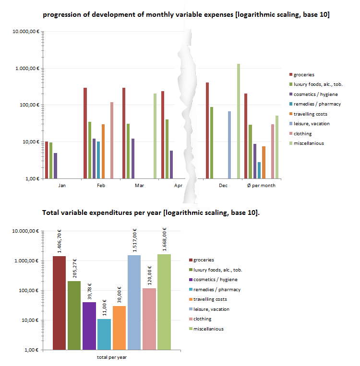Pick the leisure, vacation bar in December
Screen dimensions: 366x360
pos(229,144)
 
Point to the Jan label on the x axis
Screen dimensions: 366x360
pos(62,185)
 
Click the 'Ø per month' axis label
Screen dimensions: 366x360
pos(261,185)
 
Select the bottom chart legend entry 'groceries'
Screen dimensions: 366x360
pos(204,260)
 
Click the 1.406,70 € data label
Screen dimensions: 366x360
pos(59,241)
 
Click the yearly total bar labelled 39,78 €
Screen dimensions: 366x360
pos(89,326)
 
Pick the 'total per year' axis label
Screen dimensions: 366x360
pos(111,357)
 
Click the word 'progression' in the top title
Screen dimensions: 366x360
pos(59,15)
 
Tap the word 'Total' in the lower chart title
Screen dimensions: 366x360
pos(51,212)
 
